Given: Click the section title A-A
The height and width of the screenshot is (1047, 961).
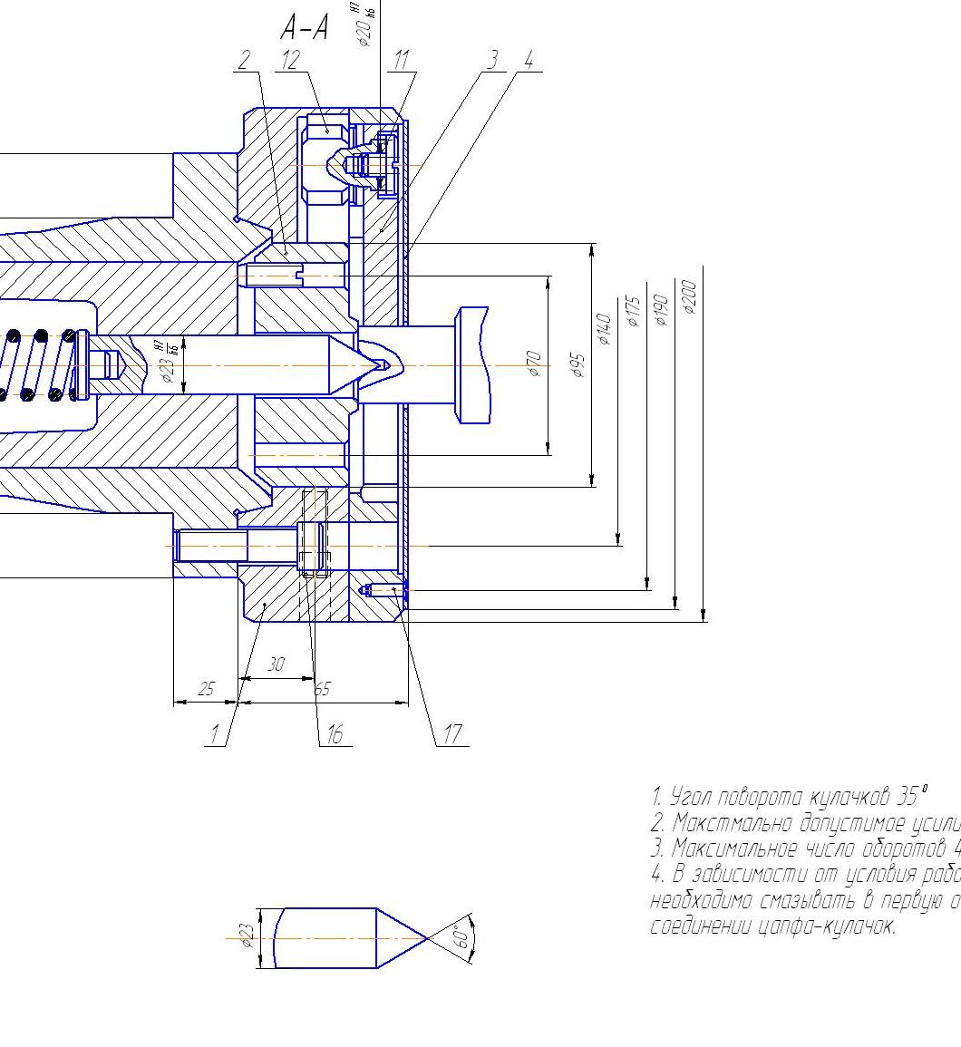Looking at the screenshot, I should click(304, 29).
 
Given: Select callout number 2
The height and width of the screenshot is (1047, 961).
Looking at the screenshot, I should click(243, 61).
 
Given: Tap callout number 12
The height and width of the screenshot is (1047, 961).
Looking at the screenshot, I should click(290, 61).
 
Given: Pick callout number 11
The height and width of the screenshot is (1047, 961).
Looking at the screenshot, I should click(401, 61).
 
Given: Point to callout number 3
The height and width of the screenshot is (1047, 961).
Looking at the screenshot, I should click(492, 61).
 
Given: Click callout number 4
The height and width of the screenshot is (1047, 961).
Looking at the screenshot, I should click(529, 61).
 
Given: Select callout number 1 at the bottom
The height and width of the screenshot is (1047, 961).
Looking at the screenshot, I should click(215, 735).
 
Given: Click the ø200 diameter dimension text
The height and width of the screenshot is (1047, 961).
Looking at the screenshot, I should click(689, 296).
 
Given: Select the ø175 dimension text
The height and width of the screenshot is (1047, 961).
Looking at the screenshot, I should click(634, 311).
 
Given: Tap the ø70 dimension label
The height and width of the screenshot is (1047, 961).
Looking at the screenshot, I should click(534, 364).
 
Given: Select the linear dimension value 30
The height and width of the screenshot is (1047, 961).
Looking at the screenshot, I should click(276, 664).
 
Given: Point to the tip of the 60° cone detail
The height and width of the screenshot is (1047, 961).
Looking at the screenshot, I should click(426, 938).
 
